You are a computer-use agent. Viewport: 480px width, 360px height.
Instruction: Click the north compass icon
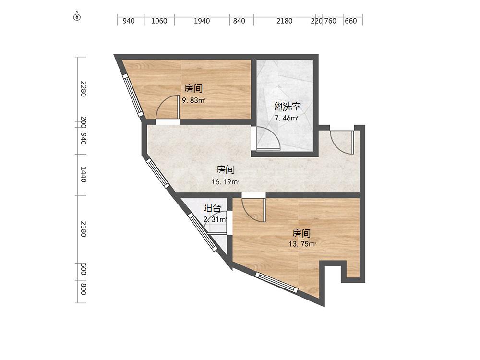pyautogui.click(x=77, y=16)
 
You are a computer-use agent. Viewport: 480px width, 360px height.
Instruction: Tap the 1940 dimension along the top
pyautogui.click(x=202, y=21)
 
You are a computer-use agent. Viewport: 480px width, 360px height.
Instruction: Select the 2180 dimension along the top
pyautogui.click(x=284, y=21)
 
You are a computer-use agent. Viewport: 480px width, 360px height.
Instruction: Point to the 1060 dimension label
pyautogui.click(x=159, y=21)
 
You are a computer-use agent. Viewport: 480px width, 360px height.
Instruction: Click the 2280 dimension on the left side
pyautogui.click(x=83, y=89)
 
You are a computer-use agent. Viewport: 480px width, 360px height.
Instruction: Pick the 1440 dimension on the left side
pyautogui.click(x=83, y=174)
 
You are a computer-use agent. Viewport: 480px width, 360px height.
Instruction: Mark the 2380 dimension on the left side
pyautogui.click(x=83, y=229)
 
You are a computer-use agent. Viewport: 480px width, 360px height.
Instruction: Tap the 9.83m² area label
pyautogui.click(x=194, y=100)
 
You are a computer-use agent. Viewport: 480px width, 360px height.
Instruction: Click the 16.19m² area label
pyautogui.click(x=225, y=182)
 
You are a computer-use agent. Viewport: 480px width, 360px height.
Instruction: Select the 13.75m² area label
pyautogui.click(x=302, y=244)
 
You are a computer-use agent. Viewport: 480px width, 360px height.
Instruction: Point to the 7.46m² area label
pyautogui.click(x=286, y=118)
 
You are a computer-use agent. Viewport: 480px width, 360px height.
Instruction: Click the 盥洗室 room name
pyautogui.click(x=287, y=107)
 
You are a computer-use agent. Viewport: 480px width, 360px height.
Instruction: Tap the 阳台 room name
pyautogui.click(x=212, y=208)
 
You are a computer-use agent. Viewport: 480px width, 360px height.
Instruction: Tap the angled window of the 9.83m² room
pyautogui.click(x=133, y=96)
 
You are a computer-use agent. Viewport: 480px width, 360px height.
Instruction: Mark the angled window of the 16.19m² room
pyautogui.click(x=157, y=173)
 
